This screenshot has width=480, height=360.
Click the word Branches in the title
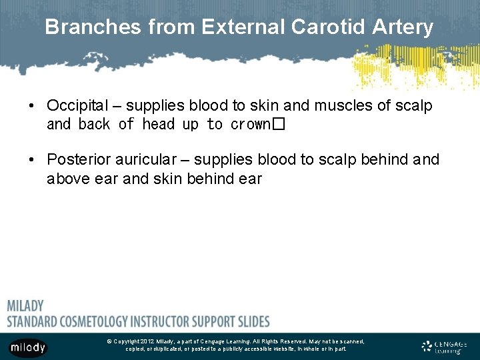tap(93, 27)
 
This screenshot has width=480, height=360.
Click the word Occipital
tap(77, 105)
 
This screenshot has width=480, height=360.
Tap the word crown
tap(250, 125)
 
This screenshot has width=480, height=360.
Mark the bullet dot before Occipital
tap(31, 106)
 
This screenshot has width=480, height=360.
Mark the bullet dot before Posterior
tap(31, 161)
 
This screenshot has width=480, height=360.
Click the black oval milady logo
tap(27, 347)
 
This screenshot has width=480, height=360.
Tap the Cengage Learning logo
tap(445, 346)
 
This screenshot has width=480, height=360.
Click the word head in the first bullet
tap(158, 125)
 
